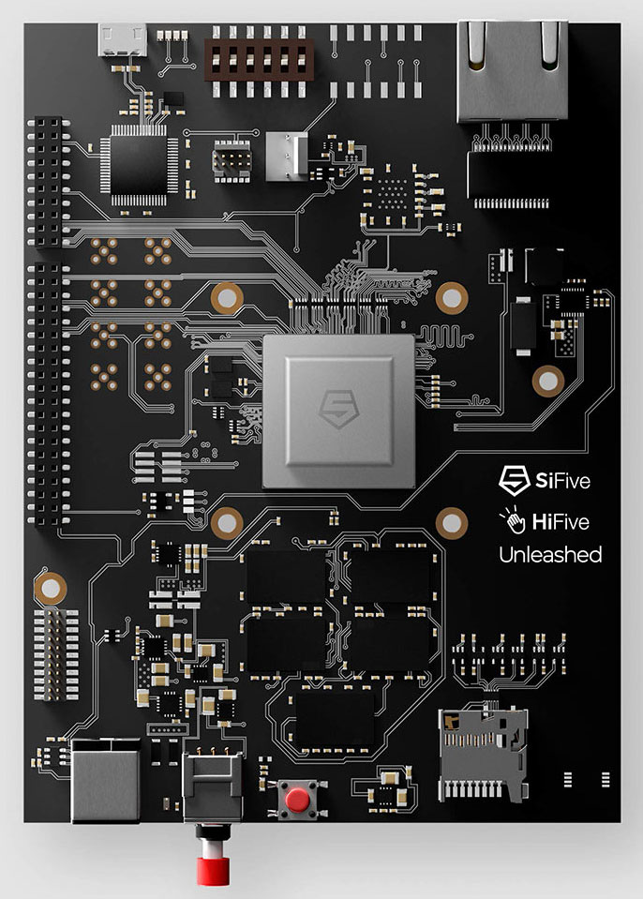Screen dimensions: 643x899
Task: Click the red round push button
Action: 297,799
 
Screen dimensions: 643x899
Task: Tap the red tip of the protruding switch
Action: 213,870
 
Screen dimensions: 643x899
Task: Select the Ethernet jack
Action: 513,71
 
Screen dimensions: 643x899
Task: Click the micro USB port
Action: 122,39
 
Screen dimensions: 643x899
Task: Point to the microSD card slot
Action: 483,754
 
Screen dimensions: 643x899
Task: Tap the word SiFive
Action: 562,480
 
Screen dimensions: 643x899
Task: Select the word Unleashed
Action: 550,554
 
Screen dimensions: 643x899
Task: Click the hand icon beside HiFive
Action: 513,520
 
